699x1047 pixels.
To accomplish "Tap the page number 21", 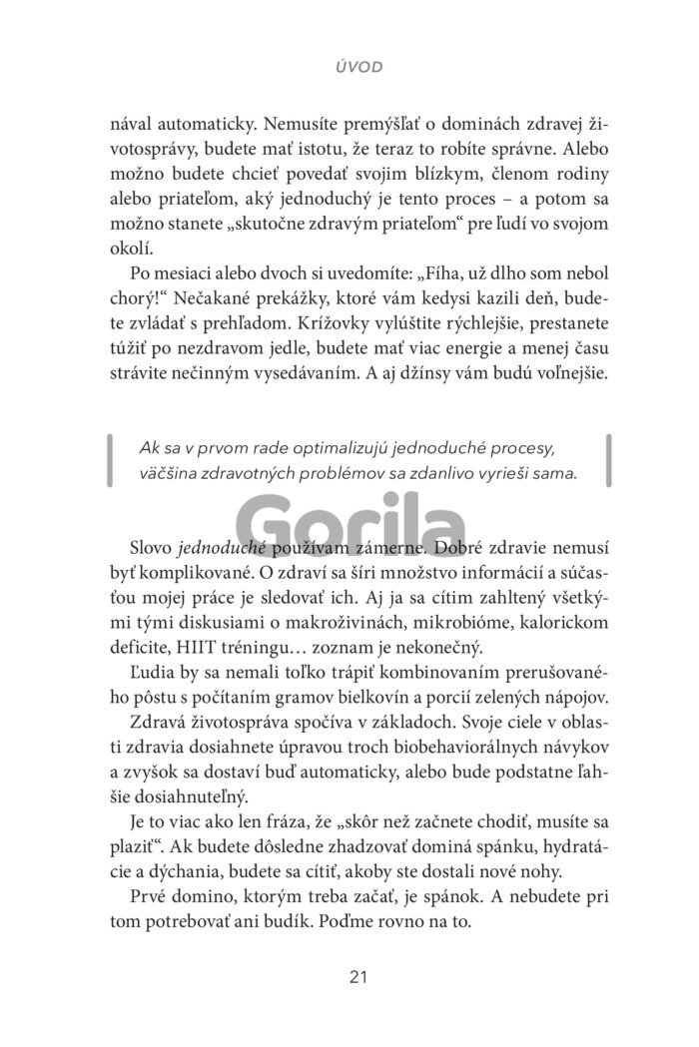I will click(x=359, y=976).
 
